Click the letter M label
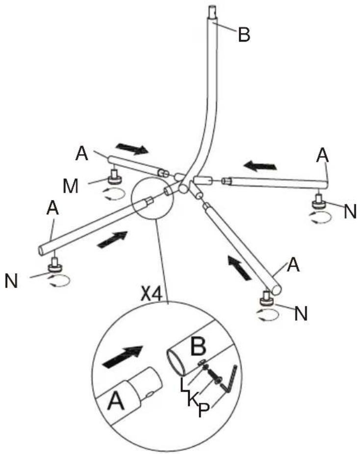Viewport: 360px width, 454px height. coord(71,186)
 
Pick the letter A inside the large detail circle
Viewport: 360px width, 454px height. coord(116,402)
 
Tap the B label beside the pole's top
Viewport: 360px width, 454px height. coord(244,34)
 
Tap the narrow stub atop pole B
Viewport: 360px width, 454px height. coord(212,13)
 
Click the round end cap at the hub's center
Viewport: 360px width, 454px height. coord(183,189)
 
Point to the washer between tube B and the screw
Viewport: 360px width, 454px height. coord(202,362)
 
